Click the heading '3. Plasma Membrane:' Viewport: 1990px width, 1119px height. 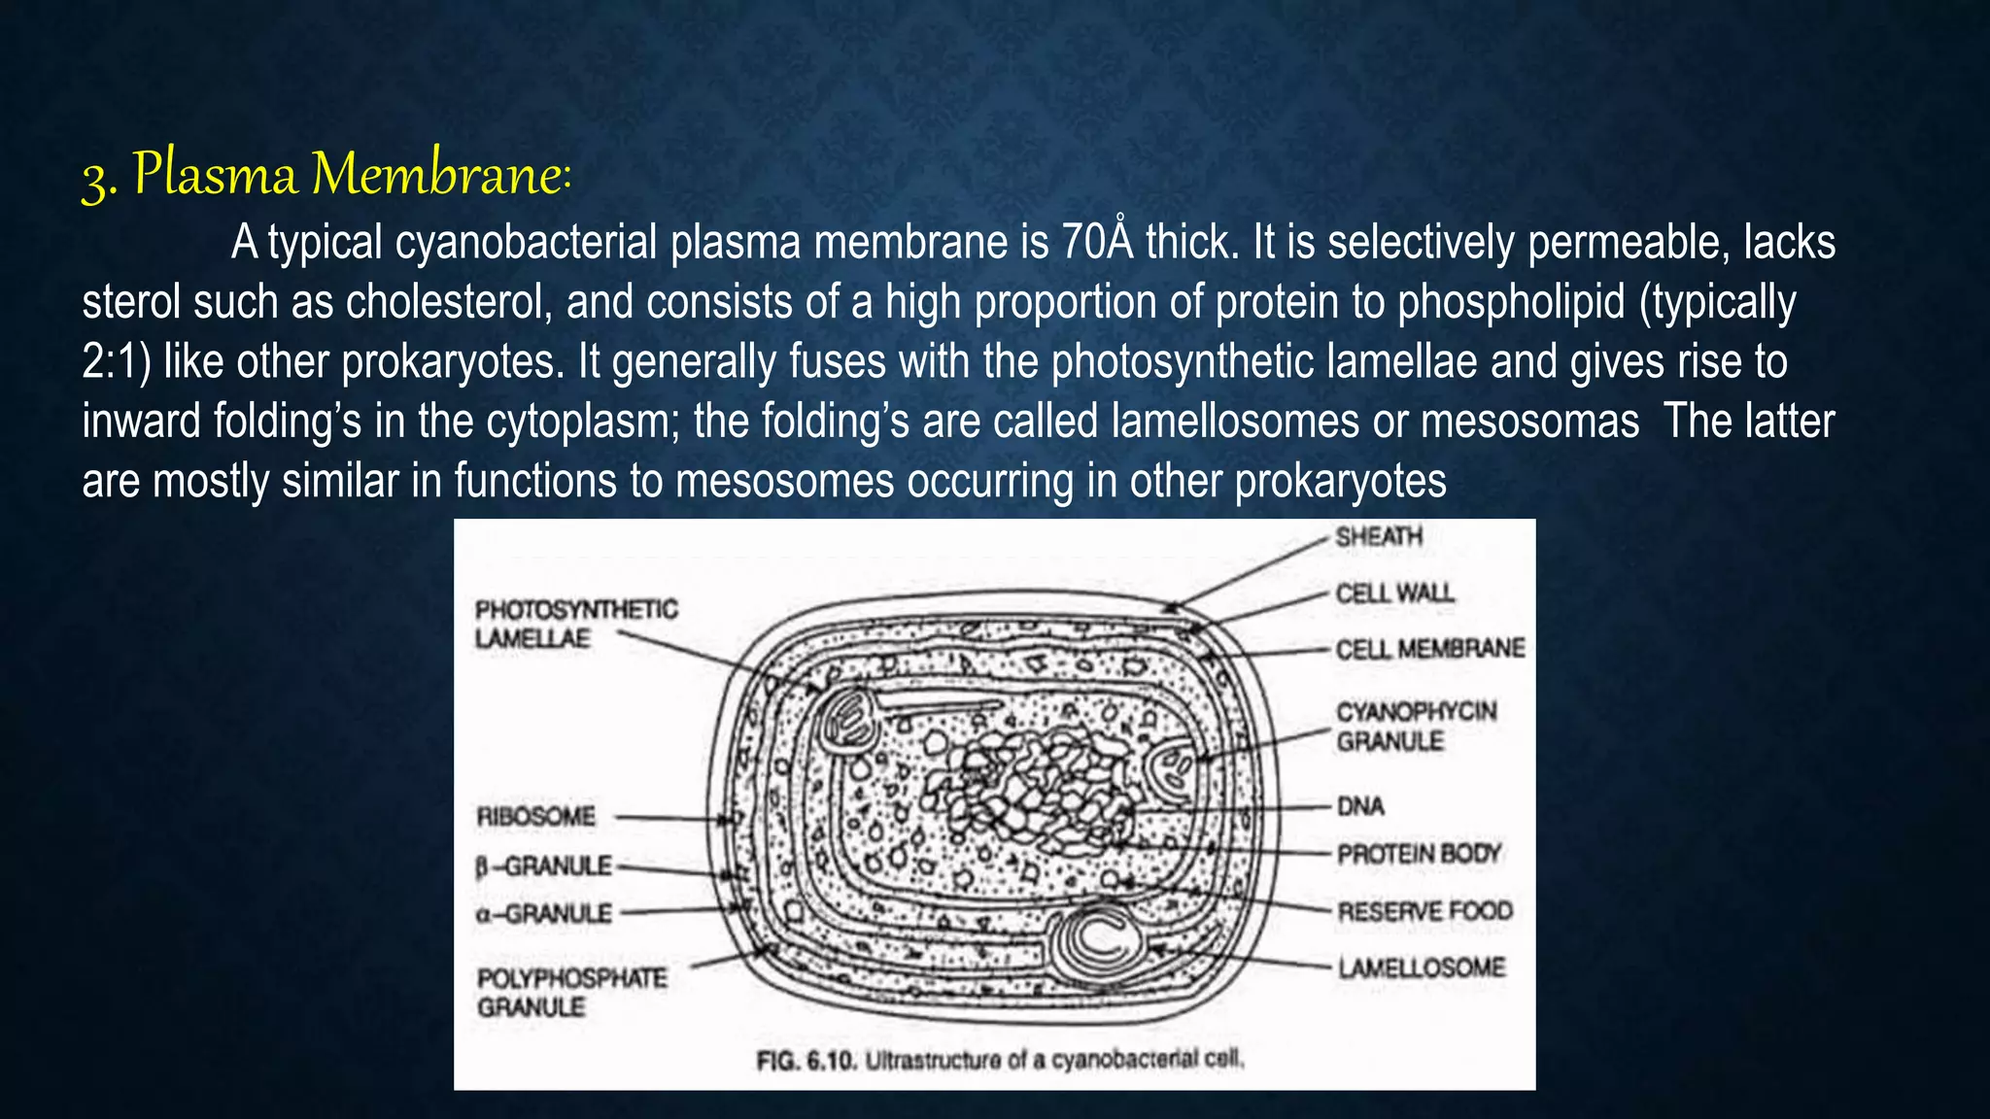click(x=326, y=175)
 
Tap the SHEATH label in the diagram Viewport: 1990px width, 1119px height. click(x=1378, y=537)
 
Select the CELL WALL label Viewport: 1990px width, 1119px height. click(x=1394, y=593)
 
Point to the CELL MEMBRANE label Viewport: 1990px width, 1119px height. click(x=1429, y=649)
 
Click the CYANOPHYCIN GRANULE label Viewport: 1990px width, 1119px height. click(x=1416, y=727)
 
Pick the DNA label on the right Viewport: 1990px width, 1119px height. click(x=1360, y=806)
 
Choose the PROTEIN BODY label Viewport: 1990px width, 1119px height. click(x=1419, y=855)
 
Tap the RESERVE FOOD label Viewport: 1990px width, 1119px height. click(x=1424, y=912)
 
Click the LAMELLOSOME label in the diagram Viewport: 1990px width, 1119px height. click(x=1421, y=968)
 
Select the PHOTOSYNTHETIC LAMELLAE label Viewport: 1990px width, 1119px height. click(x=575, y=624)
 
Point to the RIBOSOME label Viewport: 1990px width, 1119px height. click(x=535, y=817)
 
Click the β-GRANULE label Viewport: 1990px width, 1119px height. click(x=544, y=865)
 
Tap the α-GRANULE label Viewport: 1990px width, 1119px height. click(x=544, y=914)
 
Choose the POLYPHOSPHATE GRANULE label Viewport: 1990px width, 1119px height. click(x=571, y=992)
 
